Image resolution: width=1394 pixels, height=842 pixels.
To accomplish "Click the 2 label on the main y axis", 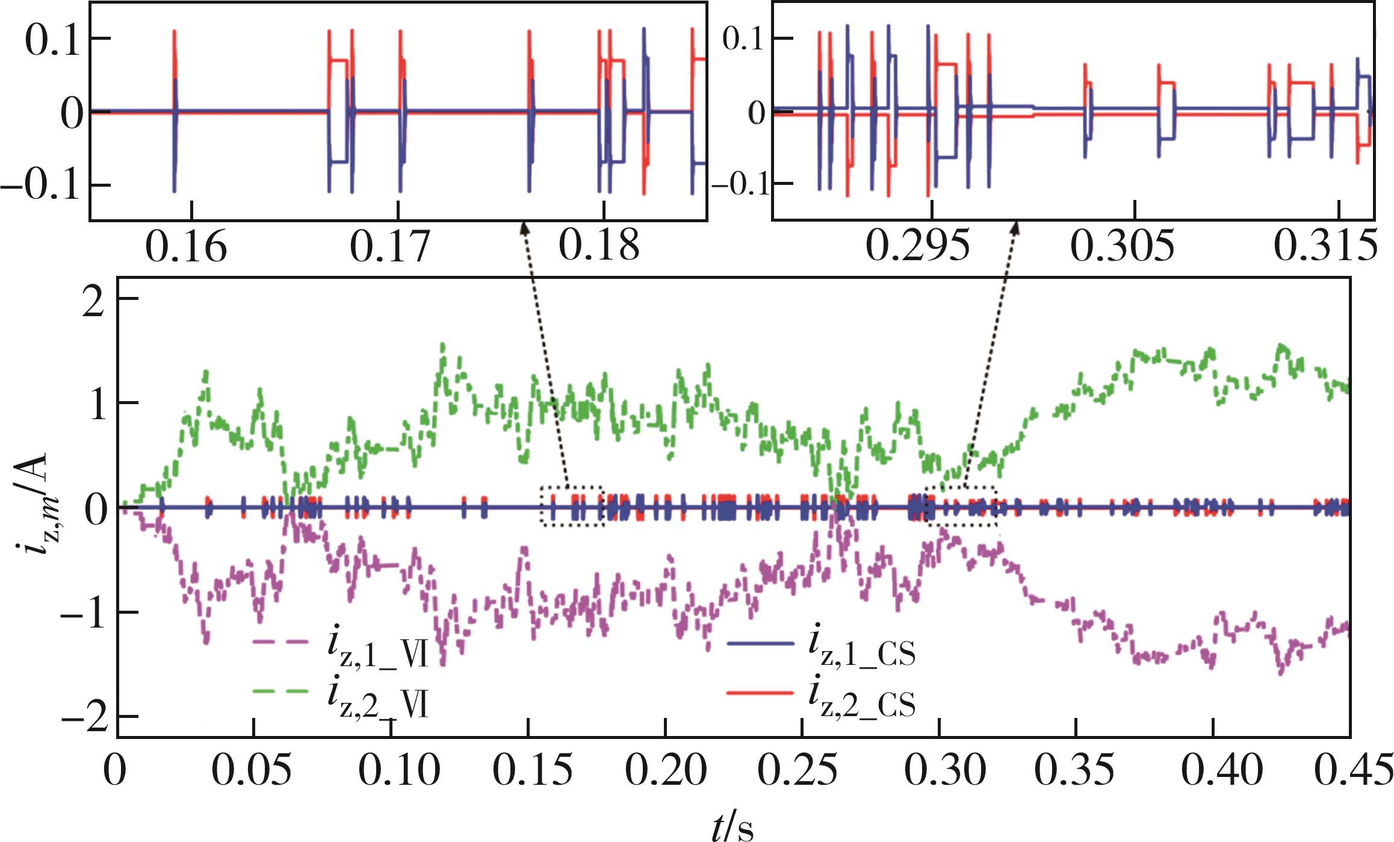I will click(x=94, y=301).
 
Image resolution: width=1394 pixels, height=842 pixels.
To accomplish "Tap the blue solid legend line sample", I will click(x=760, y=643).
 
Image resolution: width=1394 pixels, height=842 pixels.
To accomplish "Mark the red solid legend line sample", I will click(x=760, y=693).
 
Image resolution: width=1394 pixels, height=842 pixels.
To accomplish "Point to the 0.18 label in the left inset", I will click(x=599, y=246).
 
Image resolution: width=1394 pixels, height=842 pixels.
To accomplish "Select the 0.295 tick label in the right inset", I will click(x=917, y=246).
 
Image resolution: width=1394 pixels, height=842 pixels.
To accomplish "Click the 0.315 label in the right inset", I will click(x=1325, y=246).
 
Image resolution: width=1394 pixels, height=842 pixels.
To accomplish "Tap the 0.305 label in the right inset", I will click(x=1122, y=246).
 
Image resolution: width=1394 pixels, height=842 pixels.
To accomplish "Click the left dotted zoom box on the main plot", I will click(x=572, y=506).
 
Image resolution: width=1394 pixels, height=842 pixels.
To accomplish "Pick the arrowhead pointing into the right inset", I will click(x=1016, y=229).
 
